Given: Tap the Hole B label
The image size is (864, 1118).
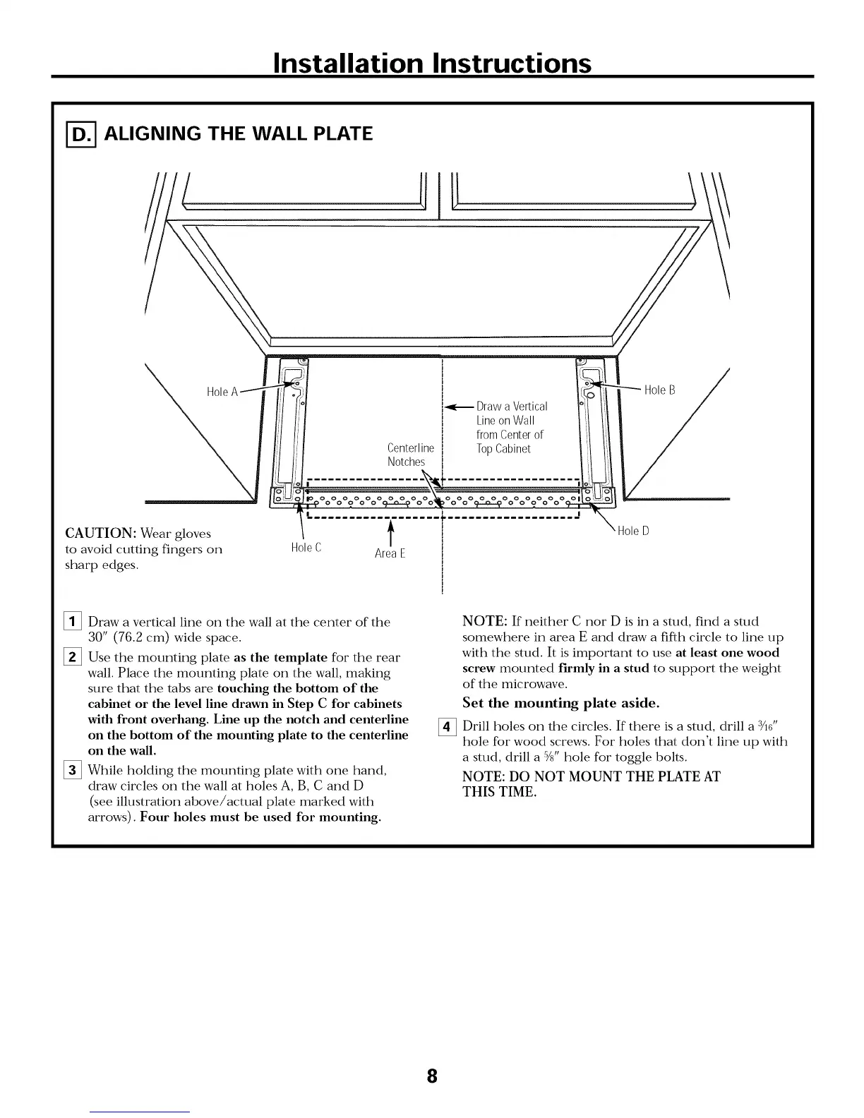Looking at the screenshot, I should tap(659, 390).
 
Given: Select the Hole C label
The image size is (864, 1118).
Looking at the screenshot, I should tap(306, 548).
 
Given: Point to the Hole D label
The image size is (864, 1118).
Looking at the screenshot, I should tap(632, 531).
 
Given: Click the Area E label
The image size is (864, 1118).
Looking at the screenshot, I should tap(390, 553).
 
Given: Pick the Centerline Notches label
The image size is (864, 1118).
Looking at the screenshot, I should tap(410, 455).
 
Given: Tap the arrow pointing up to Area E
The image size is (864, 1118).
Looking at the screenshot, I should tap(390, 530).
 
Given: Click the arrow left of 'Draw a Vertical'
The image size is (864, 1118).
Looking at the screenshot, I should tap(458, 407).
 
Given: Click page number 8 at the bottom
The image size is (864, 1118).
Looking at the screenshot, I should tap(432, 1077).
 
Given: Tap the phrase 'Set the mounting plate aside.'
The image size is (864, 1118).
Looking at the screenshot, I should tap(561, 703).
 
